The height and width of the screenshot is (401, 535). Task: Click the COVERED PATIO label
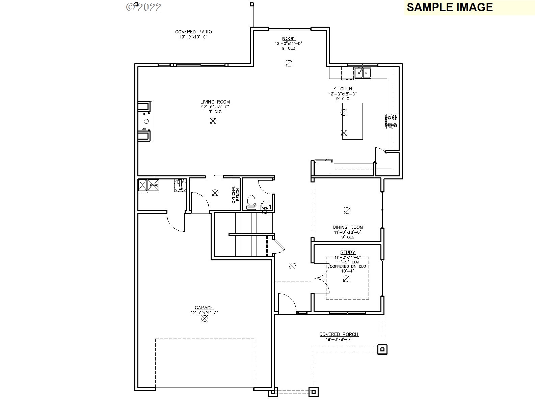pos(193,32)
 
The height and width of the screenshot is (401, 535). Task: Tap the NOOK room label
pos(289,39)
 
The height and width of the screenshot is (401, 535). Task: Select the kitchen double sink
pos(363,72)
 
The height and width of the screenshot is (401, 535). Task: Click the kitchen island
pos(353,121)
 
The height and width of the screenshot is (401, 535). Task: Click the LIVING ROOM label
pos(215,102)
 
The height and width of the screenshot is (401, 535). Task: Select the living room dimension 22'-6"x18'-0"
pos(215,107)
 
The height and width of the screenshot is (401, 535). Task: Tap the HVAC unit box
pos(154,185)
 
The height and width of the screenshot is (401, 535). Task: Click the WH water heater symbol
pos(181,185)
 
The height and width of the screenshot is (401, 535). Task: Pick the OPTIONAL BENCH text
pos(235,195)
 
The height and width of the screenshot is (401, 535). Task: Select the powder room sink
pos(266,205)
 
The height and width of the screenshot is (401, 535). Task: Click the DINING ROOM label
pos(348,227)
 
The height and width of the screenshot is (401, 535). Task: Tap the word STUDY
pos(348,252)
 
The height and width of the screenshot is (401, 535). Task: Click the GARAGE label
pos(204,308)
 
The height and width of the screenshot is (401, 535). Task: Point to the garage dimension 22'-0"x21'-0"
pos(204,313)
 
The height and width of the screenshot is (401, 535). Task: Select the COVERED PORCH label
pos(339,334)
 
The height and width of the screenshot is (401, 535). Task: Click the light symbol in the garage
pos(204,318)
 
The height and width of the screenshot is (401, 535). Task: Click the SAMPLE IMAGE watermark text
pos(450,7)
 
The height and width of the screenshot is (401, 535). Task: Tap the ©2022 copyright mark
pos(144,7)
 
